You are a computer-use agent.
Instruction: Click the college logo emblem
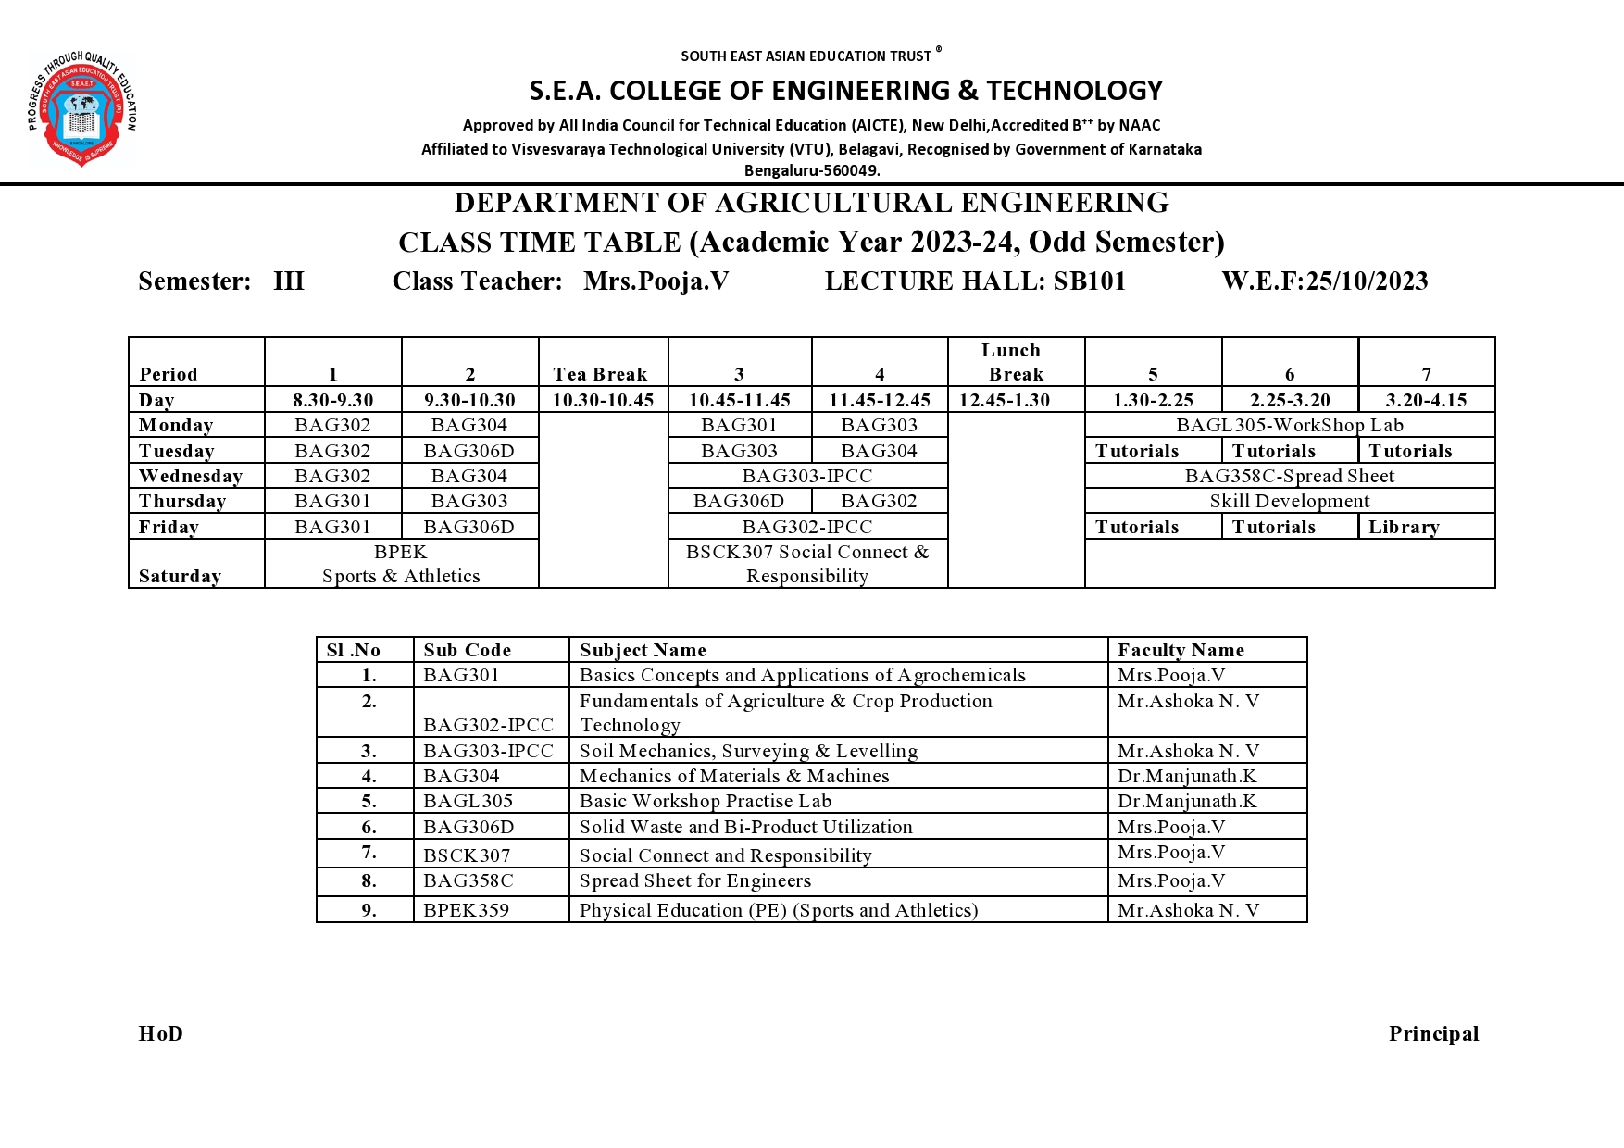(81, 109)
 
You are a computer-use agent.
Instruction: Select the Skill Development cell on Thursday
(1289, 501)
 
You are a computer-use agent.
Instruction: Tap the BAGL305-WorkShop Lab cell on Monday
(1289, 425)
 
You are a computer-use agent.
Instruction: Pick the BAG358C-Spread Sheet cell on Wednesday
(1289, 476)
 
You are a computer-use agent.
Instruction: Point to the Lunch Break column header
(1015, 362)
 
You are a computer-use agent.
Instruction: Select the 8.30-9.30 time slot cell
(332, 400)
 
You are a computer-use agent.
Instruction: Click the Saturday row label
(180, 576)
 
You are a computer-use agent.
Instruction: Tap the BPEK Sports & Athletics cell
(401, 564)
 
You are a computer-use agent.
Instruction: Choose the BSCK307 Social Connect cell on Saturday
(807, 564)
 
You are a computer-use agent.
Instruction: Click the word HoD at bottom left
(161, 1033)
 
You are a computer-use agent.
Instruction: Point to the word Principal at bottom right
(1433, 1033)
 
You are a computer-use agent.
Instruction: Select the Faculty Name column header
(1181, 650)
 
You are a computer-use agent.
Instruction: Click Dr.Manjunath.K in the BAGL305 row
(1187, 801)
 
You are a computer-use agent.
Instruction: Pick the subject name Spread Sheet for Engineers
(694, 880)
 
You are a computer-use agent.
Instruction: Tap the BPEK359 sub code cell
(466, 910)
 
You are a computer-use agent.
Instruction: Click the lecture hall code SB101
(1089, 281)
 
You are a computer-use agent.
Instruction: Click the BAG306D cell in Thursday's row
(739, 501)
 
